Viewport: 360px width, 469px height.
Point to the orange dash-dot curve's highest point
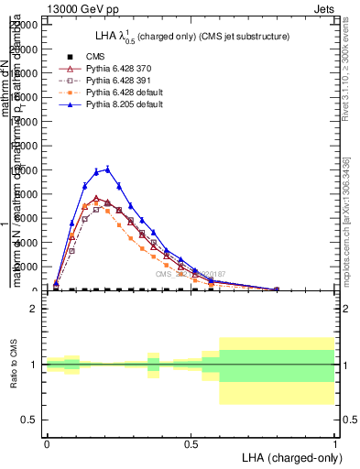96,202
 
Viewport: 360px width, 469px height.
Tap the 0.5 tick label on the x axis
191,443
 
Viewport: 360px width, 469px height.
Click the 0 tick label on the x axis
47,443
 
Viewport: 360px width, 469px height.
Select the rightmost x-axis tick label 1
334,443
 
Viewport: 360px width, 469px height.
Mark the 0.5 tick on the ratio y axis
30,420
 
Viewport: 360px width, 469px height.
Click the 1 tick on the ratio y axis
34,365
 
